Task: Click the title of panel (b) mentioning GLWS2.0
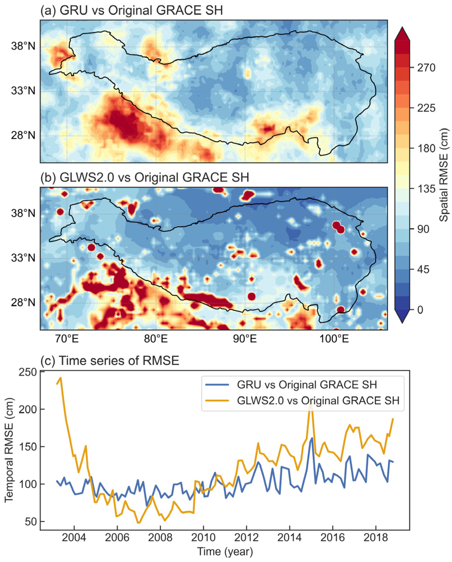pos(145,178)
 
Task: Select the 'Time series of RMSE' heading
pos(110,361)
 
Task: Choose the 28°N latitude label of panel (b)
pos(23,303)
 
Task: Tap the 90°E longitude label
pos(245,339)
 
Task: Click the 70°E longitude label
pos(67,339)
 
